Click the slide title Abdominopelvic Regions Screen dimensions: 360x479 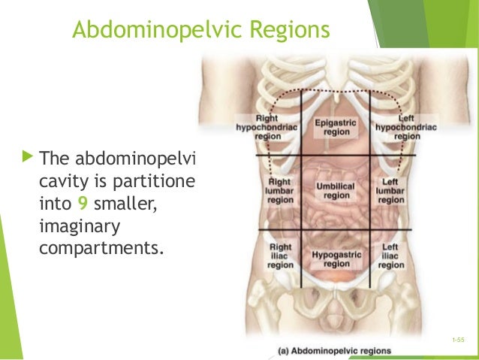(200, 31)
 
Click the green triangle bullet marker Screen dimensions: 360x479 (28, 158)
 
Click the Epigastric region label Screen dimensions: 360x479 (336, 126)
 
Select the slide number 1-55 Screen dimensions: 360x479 (459, 340)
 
